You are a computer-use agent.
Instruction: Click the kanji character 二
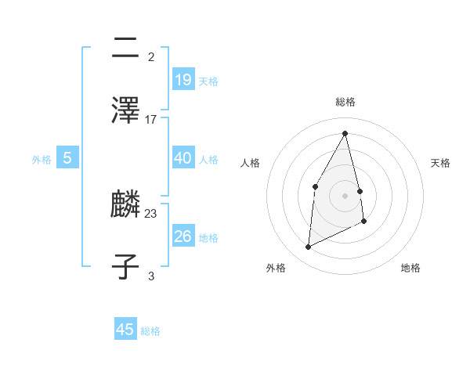pos(125,49)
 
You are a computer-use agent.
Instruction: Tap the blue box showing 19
pos(183,80)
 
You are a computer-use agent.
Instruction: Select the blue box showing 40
pos(183,158)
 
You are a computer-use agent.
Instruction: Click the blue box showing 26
pos(183,236)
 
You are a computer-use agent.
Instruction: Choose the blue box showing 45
pos(125,330)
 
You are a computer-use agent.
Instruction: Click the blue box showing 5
pos(67,158)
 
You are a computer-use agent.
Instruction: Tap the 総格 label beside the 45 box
pos(150,331)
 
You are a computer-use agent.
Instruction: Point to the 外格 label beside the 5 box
pos(42,160)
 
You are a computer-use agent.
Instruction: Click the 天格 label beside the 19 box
pos(208,81)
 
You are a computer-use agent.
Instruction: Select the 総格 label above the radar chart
pos(345,102)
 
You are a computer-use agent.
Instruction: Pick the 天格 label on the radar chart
pos(441,163)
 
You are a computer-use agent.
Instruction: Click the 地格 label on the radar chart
pos(410,268)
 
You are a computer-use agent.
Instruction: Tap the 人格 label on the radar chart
pos(250,163)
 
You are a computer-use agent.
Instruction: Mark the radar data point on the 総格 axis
pos(345,133)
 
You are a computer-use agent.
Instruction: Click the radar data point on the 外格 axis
pos(309,247)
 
